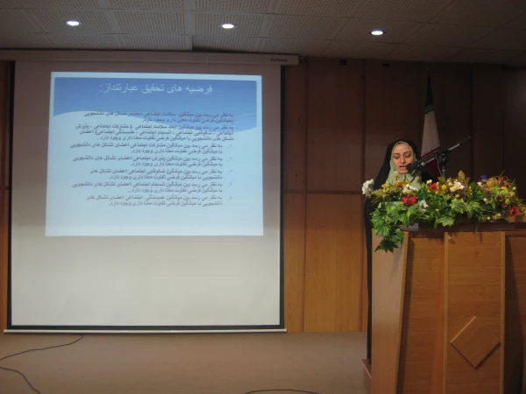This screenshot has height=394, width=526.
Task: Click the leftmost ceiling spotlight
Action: pyautogui.click(x=73, y=23)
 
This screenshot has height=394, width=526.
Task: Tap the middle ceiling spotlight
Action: pyautogui.click(x=228, y=25)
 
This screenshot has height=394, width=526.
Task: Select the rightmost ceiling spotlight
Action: pyautogui.click(x=377, y=32)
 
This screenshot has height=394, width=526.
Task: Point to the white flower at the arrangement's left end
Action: pyautogui.click(x=367, y=186)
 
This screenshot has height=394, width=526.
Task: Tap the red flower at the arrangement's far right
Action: pyautogui.click(x=514, y=211)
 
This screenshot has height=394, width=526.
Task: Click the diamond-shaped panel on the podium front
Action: pyautogui.click(x=475, y=341)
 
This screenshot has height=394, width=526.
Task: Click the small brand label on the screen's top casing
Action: pyautogui.click(x=276, y=60)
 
